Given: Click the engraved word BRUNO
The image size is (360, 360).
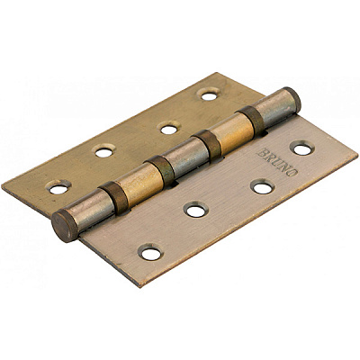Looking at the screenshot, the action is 277,162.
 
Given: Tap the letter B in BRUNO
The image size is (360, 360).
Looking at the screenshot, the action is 262,153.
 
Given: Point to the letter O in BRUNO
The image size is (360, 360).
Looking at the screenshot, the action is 293,172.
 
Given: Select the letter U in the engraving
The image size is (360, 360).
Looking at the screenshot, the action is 277,162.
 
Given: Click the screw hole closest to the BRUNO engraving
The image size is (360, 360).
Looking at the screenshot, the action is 302,149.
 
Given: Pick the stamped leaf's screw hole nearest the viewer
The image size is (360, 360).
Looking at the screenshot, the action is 150,253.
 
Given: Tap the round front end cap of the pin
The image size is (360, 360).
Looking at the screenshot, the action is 64,226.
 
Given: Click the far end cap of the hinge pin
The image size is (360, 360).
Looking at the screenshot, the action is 292,100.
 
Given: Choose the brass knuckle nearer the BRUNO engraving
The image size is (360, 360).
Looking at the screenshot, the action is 233,132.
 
